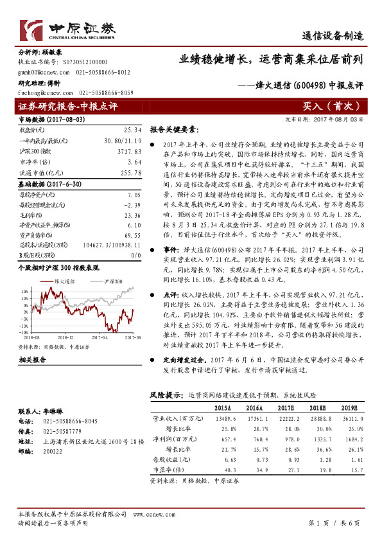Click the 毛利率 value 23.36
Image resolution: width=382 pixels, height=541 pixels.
[132, 216]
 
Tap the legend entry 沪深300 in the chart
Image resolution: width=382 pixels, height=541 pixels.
[96, 281]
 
